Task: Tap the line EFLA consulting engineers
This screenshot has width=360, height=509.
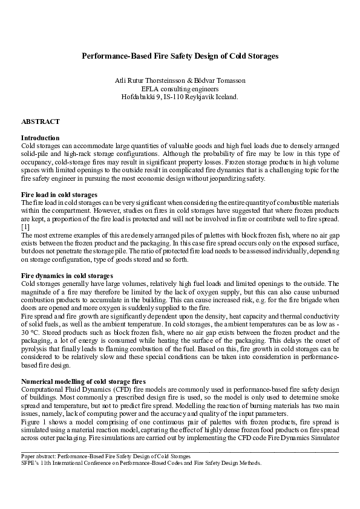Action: click(x=180, y=88)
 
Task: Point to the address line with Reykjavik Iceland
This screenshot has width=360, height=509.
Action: click(x=180, y=96)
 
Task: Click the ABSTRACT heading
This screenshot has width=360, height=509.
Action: click(x=40, y=122)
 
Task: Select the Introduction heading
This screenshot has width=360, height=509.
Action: click(x=40, y=138)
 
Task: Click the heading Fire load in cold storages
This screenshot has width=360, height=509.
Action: click(x=59, y=195)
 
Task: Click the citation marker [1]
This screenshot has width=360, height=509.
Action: click(x=25, y=225)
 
